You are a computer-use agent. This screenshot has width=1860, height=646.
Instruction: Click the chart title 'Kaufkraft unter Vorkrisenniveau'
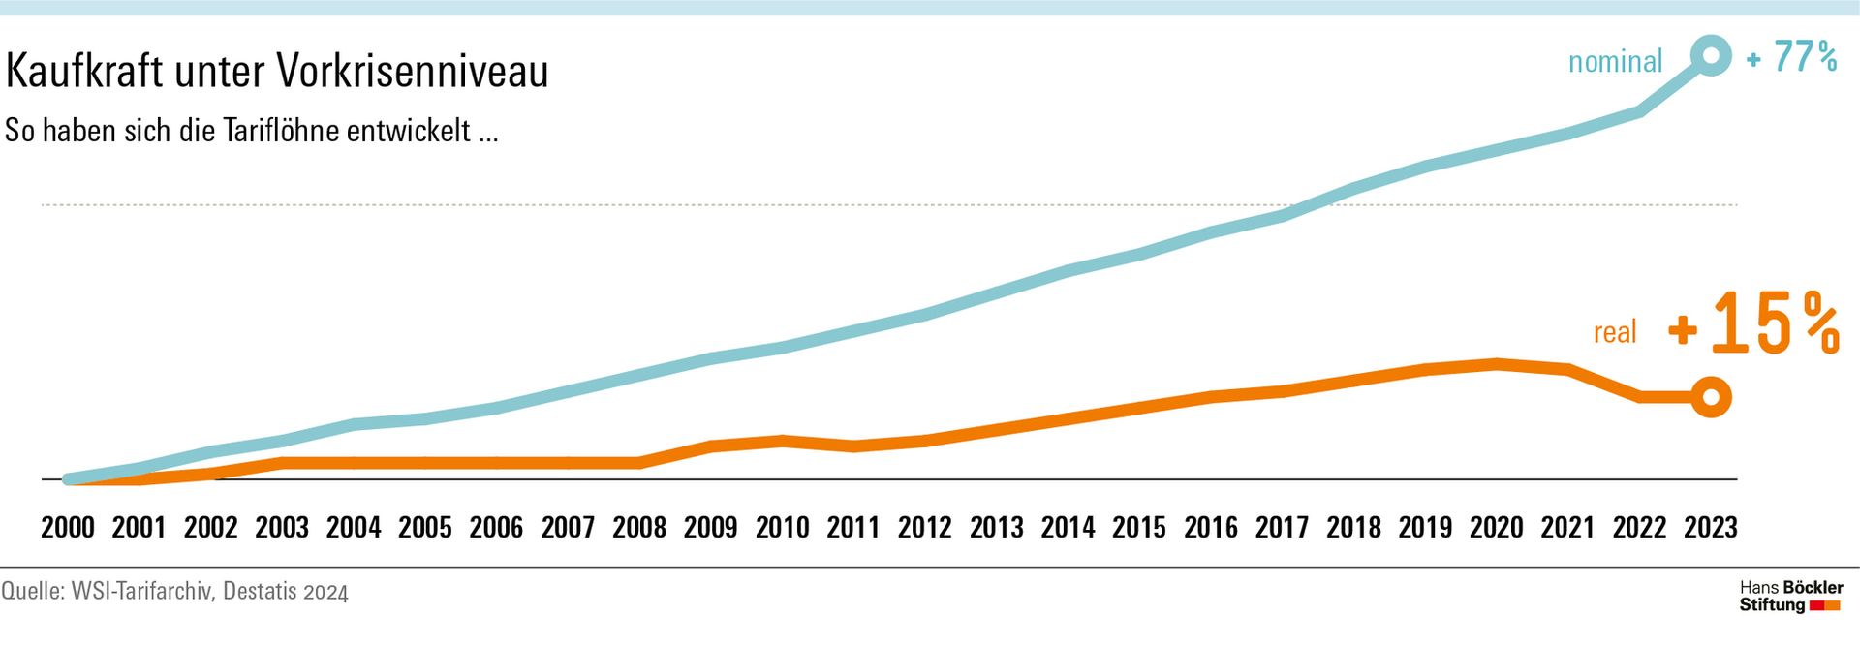coord(277,71)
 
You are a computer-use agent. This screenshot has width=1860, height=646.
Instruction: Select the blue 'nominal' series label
coord(1615,62)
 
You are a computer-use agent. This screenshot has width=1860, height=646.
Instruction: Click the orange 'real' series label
coord(1615,332)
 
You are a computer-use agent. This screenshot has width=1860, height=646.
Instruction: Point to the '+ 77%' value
coord(1792,57)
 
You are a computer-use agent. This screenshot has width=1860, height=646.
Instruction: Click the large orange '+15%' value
coord(1754,325)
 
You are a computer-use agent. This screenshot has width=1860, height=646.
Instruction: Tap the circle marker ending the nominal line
coord(1711,55)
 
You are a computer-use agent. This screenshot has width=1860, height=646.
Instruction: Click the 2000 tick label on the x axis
coord(68,528)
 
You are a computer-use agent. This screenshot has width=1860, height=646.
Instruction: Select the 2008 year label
coord(639,528)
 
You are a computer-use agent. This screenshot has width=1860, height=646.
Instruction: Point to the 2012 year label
coord(925,528)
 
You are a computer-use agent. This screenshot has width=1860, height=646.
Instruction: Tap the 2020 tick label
coord(1497,528)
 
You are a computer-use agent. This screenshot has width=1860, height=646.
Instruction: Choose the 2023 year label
coord(1711,528)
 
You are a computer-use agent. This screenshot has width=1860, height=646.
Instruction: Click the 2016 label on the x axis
coord(1211,528)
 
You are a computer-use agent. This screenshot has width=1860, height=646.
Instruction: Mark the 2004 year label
coord(354,528)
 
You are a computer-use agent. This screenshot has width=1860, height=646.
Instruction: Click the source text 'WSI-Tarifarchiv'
coord(141,591)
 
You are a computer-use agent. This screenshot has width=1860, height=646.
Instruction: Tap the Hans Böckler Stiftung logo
coord(1790,597)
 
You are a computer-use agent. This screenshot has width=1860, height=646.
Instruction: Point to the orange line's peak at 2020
coord(1497,364)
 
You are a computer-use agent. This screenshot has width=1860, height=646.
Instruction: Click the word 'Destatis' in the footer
coord(260,591)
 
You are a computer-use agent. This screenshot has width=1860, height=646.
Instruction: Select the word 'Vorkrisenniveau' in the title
coord(413,71)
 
